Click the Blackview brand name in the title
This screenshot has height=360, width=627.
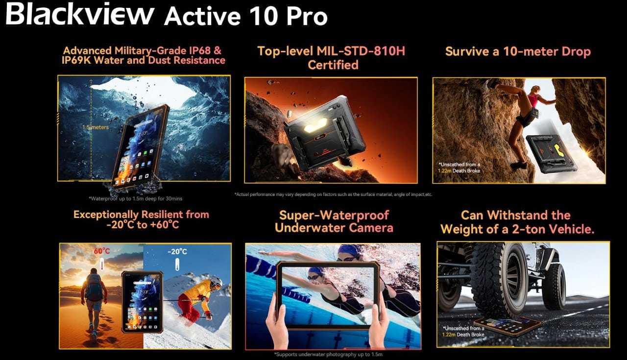(79, 15)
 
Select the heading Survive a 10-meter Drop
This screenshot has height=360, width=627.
(518, 51)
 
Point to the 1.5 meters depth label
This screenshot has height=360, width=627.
(96, 127)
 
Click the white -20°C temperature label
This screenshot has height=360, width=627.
(177, 252)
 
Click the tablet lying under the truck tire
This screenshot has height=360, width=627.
(507, 325)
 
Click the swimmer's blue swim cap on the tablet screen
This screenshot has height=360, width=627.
(315, 271)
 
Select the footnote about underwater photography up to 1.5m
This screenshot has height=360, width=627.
(328, 354)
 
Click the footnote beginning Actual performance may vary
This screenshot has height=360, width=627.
(333, 194)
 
